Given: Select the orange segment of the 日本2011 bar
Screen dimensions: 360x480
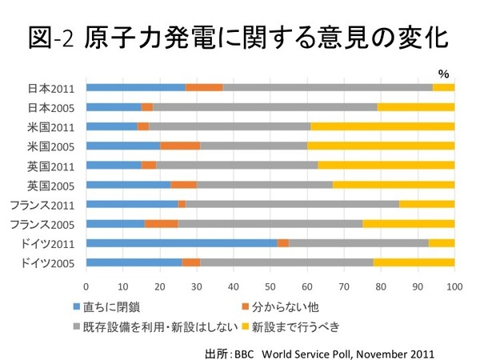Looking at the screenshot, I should (x=204, y=87).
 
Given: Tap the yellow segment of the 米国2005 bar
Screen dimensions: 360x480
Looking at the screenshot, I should (x=381, y=146).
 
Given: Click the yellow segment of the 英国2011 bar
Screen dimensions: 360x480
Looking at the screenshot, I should (x=386, y=165).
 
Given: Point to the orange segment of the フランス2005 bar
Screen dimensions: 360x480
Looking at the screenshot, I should (x=162, y=223).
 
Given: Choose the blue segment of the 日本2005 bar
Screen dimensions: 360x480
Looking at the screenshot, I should (x=114, y=106).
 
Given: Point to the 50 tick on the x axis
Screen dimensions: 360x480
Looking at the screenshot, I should (x=270, y=285).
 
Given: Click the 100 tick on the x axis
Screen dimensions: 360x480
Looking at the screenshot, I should (x=454, y=285).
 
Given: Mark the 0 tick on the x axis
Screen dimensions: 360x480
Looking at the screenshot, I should (x=86, y=285).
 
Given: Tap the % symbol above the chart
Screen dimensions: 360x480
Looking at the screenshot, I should (x=443, y=73).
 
